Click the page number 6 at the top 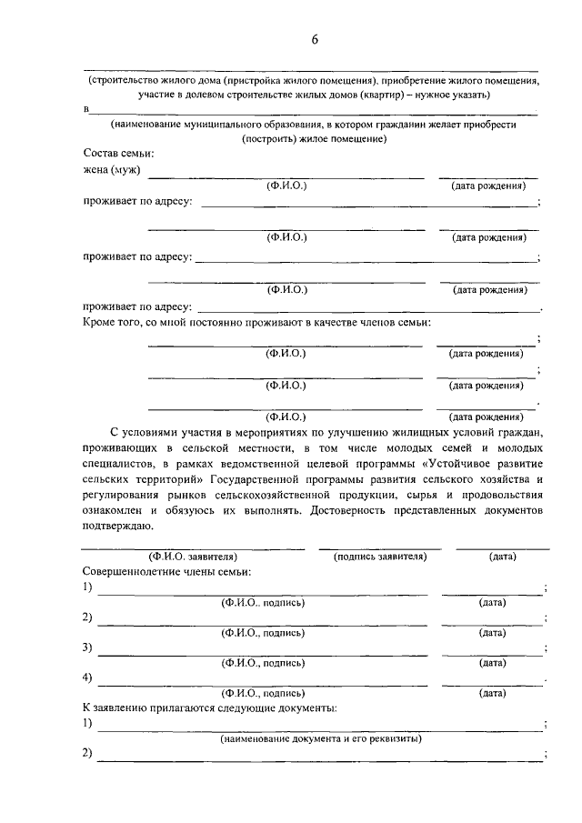tap(315, 39)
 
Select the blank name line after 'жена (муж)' tap(286, 176)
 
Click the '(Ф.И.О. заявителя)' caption tap(193, 557)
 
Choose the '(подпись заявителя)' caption tap(380, 557)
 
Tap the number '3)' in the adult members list tap(87, 647)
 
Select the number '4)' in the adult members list tap(87, 677)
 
